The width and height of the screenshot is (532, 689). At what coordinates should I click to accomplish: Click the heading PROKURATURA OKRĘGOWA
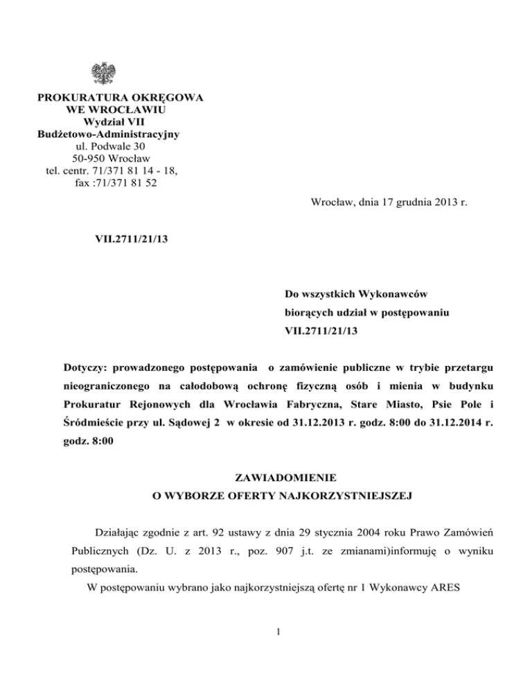click(105, 98)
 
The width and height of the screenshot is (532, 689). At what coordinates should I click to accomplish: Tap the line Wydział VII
click(105, 122)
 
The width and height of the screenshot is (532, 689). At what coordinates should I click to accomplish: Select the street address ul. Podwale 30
click(105, 146)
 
